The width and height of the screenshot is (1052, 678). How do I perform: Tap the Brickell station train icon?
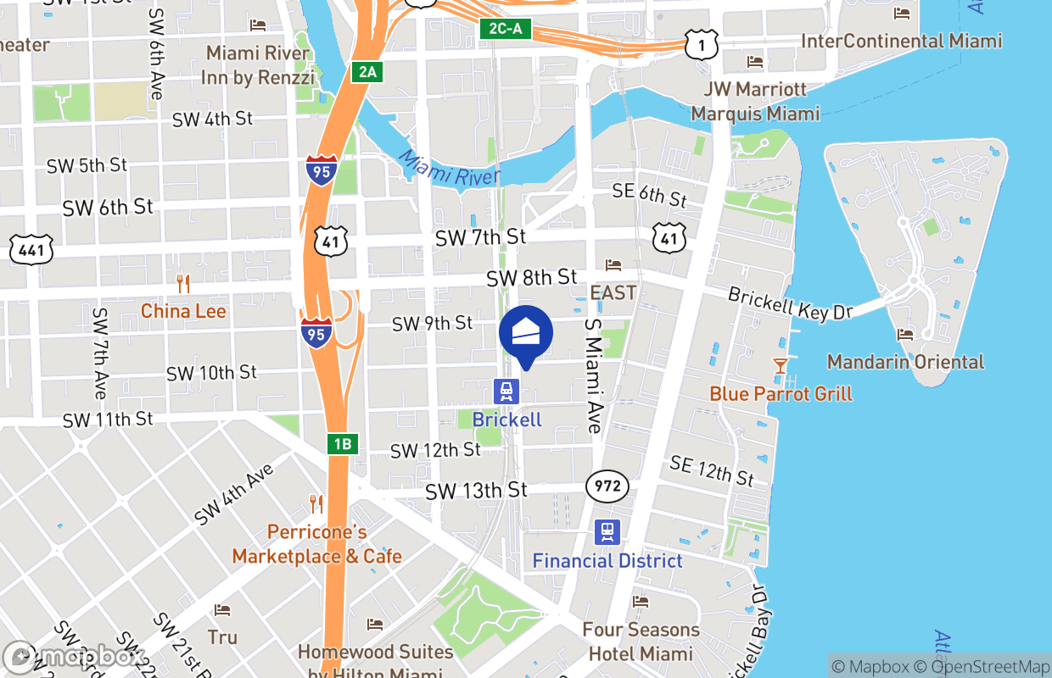point(506,392)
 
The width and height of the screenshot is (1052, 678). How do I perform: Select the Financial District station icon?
point(607,532)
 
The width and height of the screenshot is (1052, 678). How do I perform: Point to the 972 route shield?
point(607,486)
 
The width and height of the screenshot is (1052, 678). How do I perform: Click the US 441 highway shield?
point(31,249)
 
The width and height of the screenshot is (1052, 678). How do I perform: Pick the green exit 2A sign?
point(367,72)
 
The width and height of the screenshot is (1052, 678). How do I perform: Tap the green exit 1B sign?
point(342,443)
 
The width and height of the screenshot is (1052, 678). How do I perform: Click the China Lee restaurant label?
point(183,311)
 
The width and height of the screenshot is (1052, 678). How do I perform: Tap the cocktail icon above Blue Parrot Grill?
point(780,366)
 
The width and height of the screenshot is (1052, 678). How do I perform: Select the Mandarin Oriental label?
point(905,362)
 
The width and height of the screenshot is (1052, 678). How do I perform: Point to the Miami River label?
point(449,169)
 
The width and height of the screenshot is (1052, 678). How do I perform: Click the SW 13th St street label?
point(476,491)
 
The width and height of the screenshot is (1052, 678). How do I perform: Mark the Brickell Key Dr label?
point(790,303)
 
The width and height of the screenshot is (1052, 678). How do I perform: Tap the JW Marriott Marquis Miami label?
point(755,101)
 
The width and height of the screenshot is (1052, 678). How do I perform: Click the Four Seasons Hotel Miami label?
point(641,642)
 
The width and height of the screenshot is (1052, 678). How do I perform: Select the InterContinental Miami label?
point(901,41)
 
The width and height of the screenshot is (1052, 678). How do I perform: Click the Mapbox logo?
point(74,657)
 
